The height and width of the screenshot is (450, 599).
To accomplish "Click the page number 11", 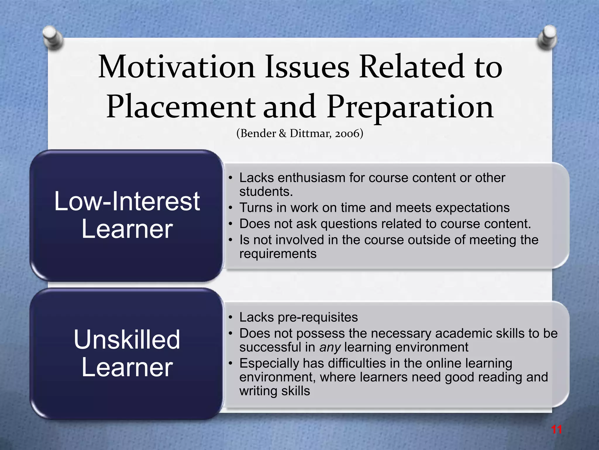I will point(556,430).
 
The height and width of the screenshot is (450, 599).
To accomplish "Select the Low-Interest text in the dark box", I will point(127,201).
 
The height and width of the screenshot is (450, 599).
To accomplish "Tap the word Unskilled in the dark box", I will point(127,340).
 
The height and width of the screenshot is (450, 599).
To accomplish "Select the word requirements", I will point(278,254).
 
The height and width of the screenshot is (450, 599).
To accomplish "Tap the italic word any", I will point(330,347).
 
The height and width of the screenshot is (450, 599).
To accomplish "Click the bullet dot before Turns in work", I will point(230,208).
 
